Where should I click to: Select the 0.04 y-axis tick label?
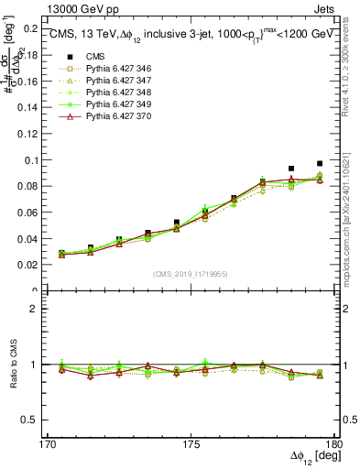pyautogui.click(x=33, y=238)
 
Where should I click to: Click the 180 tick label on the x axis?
pyautogui.click(x=334, y=444)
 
